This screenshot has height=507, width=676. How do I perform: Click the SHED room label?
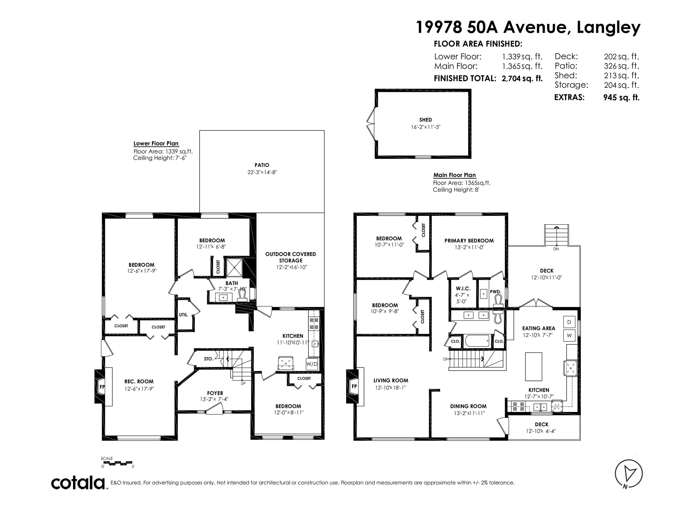click(425, 120)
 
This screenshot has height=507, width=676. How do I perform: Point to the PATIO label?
click(262, 165)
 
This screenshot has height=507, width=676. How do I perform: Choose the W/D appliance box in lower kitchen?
click(312, 364)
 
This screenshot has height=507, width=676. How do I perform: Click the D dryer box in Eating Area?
click(569, 322)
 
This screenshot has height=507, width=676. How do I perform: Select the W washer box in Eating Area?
click(569, 335)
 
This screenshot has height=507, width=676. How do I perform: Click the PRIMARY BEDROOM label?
click(469, 241)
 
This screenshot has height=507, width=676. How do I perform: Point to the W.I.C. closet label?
click(463, 288)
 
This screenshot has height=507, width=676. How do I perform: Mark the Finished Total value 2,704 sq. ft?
click(522, 79)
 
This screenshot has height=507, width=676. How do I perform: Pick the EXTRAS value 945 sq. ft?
click(621, 97)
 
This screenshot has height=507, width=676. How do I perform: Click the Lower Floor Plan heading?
click(156, 143)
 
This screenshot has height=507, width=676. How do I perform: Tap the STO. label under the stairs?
click(208, 359)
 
